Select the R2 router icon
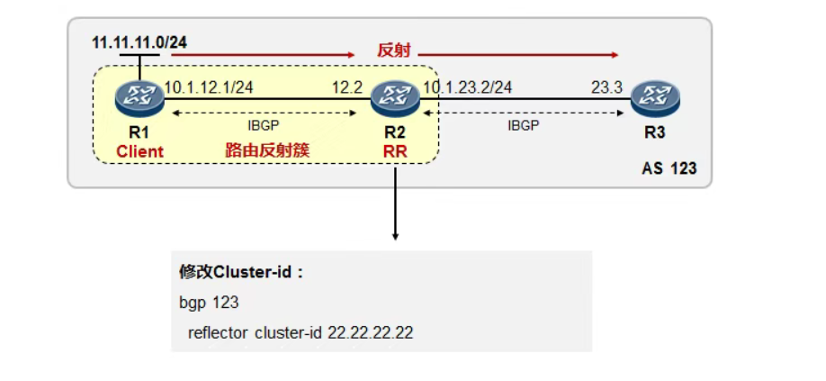[395, 97]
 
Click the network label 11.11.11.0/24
[139, 41]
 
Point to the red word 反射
[393, 50]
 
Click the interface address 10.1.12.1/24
[208, 86]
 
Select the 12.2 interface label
[346, 86]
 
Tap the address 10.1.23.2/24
[467, 86]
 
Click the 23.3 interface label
[606, 86]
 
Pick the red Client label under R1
[139, 151]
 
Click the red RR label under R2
[395, 151]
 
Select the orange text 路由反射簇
[267, 150]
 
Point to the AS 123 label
[669, 168]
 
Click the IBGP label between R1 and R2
[265, 126]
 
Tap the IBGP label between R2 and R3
[524, 126]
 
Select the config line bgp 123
[208, 303]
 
